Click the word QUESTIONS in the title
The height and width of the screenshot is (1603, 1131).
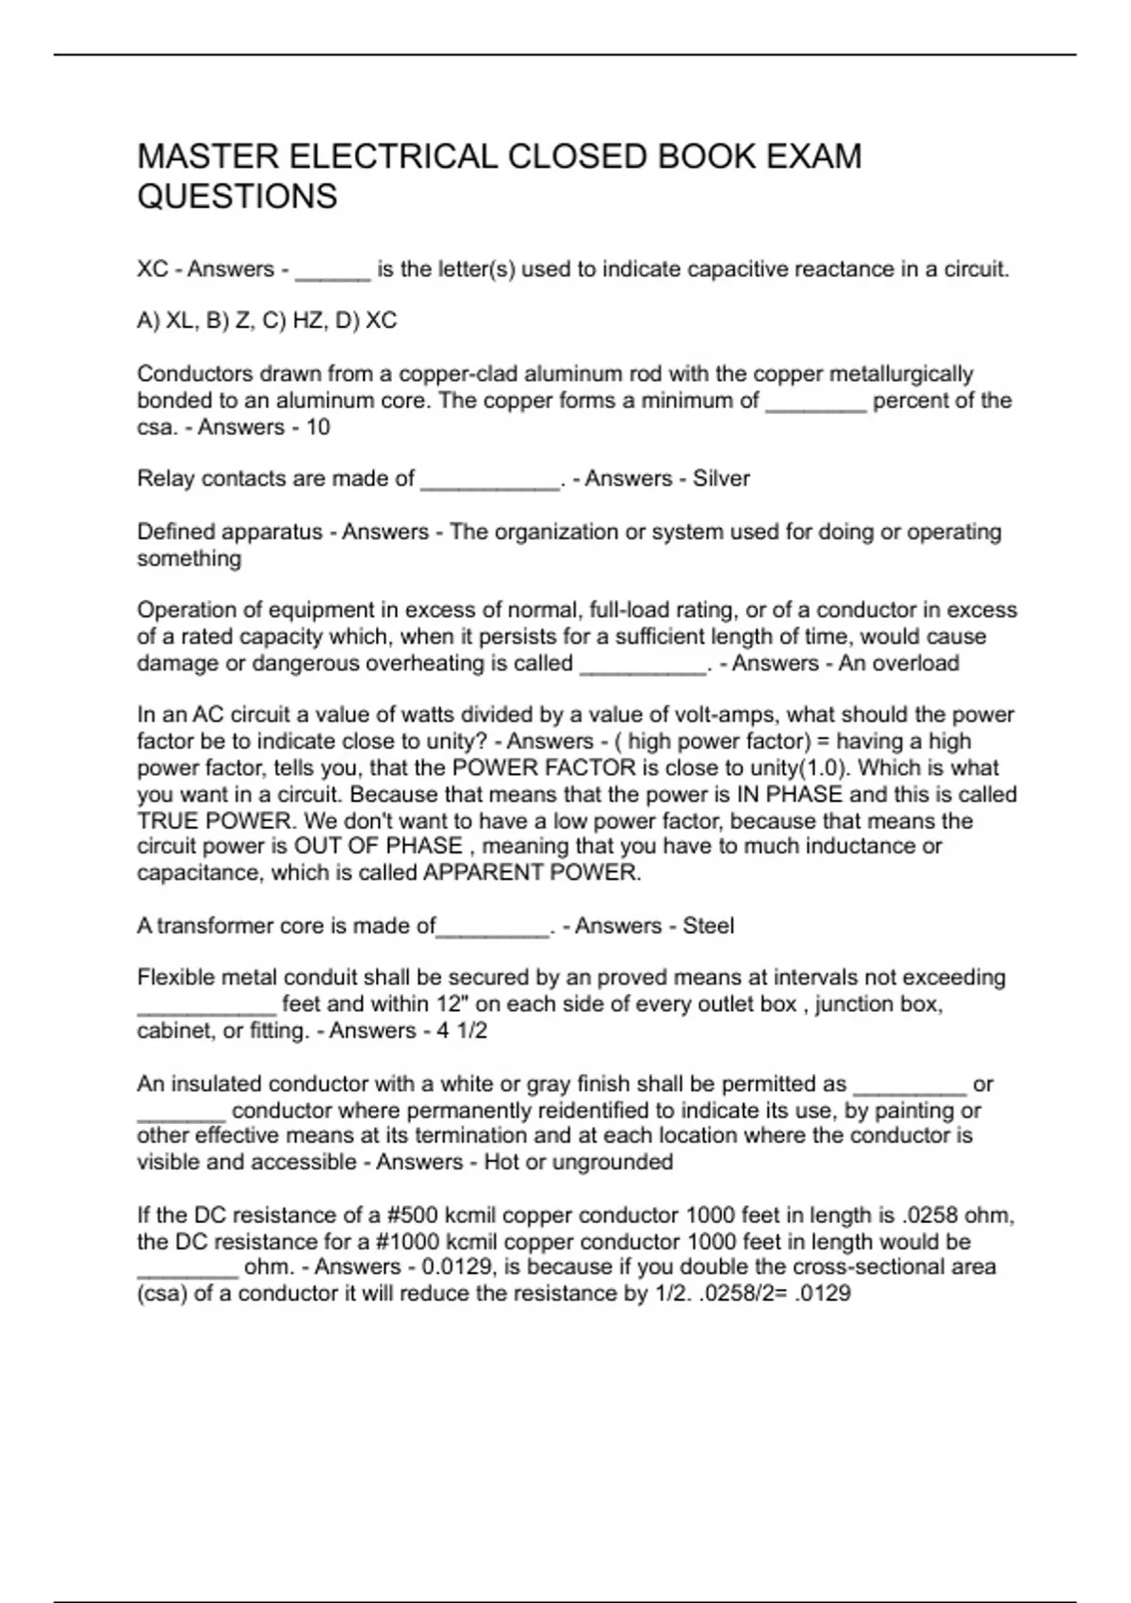point(238,196)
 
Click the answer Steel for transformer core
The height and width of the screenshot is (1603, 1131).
point(708,926)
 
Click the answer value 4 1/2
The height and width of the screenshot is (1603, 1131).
point(462,1031)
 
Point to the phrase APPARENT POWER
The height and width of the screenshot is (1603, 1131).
point(532,872)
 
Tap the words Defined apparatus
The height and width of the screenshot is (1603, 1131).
point(230,532)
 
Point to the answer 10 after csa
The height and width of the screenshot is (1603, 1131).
point(318,427)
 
